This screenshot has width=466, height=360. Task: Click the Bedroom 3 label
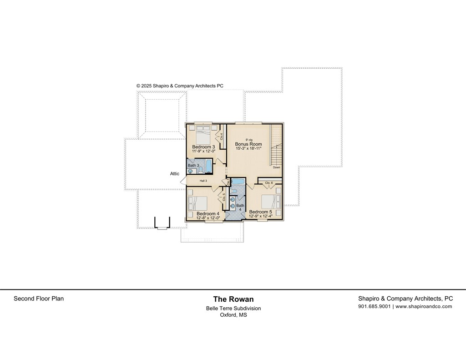pyautogui.click(x=203, y=147)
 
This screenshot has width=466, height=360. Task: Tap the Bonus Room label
pyautogui.click(x=248, y=144)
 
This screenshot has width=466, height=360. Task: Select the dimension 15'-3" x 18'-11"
pyautogui.click(x=248, y=149)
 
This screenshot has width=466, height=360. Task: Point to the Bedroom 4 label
pyautogui.click(x=208, y=213)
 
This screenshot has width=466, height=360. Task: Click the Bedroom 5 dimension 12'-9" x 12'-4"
pyautogui.click(x=260, y=216)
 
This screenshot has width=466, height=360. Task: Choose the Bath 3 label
pyautogui.click(x=193, y=165)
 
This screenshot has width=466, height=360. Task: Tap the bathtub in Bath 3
pyautogui.click(x=208, y=166)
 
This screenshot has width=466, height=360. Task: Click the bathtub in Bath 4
pyautogui.click(x=238, y=182)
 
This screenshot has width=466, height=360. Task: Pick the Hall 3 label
pyautogui.click(x=203, y=181)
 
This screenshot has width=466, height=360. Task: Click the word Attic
pyautogui.click(x=175, y=173)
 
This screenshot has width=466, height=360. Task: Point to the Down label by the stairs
pyautogui.click(x=277, y=167)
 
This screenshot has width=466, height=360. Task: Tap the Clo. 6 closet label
pyautogui.click(x=269, y=183)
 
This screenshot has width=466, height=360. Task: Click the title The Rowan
pyautogui.click(x=233, y=299)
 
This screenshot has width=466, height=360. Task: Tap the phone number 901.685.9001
pyautogui.click(x=374, y=306)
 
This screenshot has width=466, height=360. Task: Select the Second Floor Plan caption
pyautogui.click(x=39, y=299)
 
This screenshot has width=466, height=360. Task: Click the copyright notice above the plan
pyautogui.click(x=180, y=86)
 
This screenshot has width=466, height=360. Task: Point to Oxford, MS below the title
pyautogui.click(x=233, y=314)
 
